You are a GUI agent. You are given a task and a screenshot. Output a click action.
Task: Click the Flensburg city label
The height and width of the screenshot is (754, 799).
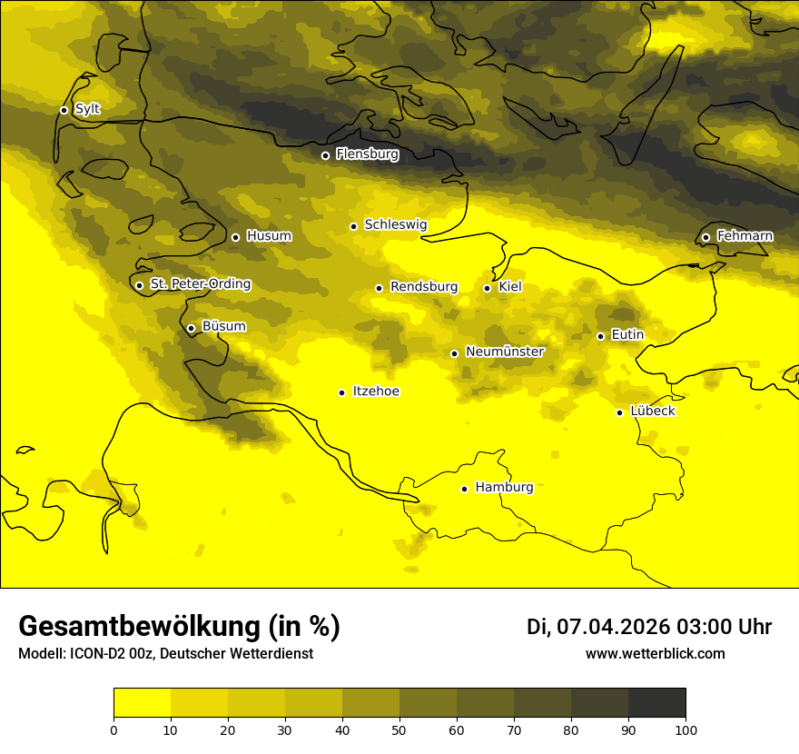point(367,154)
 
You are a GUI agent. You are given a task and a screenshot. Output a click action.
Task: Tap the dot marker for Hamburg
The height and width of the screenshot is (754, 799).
point(465,489)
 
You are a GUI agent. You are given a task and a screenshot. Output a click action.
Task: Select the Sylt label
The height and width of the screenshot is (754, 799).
point(87,109)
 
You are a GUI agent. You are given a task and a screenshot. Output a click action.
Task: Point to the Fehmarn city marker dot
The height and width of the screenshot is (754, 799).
point(705,237)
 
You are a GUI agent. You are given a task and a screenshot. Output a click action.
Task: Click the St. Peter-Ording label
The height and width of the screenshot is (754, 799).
point(200,284)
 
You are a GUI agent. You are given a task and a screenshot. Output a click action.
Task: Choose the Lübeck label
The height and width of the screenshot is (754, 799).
point(652,412)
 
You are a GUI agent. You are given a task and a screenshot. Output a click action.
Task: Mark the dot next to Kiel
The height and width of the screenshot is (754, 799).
point(487,288)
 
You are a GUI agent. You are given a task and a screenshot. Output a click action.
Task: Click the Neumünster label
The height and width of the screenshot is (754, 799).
point(504,352)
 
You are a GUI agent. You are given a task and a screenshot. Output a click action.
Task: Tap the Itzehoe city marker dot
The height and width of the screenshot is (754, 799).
point(341,392)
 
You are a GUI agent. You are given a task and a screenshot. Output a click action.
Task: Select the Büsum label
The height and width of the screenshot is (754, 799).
point(223,327)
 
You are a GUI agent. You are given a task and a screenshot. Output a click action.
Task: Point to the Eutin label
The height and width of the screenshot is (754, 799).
point(627,335)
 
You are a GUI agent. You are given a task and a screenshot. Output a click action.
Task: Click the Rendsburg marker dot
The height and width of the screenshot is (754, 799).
point(379,288)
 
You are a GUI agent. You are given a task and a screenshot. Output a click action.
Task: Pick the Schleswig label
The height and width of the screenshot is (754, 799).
point(395,224)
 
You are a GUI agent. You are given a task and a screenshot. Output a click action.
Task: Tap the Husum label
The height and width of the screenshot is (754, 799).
point(269,236)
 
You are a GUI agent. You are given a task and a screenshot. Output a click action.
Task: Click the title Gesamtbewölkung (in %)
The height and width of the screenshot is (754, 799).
point(179,627)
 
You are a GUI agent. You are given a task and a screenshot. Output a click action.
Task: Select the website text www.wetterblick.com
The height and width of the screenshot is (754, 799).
point(655,654)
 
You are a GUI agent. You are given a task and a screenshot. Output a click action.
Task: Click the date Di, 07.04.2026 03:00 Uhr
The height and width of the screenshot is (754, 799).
point(648,627)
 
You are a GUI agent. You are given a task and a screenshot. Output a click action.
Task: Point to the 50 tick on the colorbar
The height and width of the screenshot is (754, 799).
point(399,729)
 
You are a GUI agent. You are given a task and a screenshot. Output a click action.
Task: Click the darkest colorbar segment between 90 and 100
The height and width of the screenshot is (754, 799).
point(656,703)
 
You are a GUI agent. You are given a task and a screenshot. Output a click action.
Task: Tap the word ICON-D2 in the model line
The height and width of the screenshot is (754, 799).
point(95,654)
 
